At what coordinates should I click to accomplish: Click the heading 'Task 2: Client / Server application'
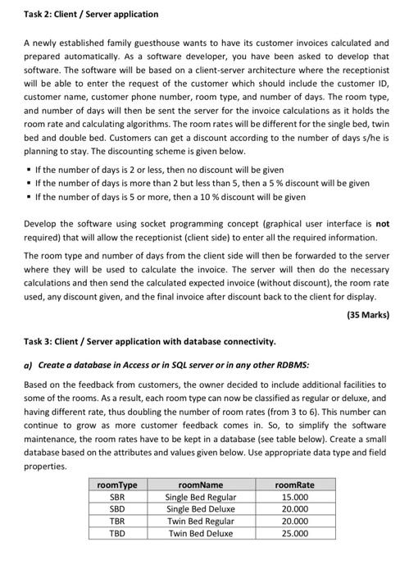[x=80, y=14]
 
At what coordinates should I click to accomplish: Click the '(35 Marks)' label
[x=368, y=315]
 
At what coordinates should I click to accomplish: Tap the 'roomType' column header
[x=117, y=485]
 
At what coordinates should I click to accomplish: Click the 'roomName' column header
[x=199, y=485]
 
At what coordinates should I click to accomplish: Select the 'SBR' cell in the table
[x=117, y=497]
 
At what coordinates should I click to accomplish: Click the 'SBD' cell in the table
[x=117, y=509]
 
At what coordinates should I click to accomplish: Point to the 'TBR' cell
[x=117, y=521]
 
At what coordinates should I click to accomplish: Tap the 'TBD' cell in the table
[x=117, y=533]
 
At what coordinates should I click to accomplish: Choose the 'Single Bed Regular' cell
[x=200, y=497]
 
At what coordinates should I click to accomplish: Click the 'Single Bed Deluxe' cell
[x=200, y=509]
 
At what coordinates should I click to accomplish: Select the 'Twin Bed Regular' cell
[x=200, y=521]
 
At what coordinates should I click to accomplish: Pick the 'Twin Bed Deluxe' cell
[x=200, y=533]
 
